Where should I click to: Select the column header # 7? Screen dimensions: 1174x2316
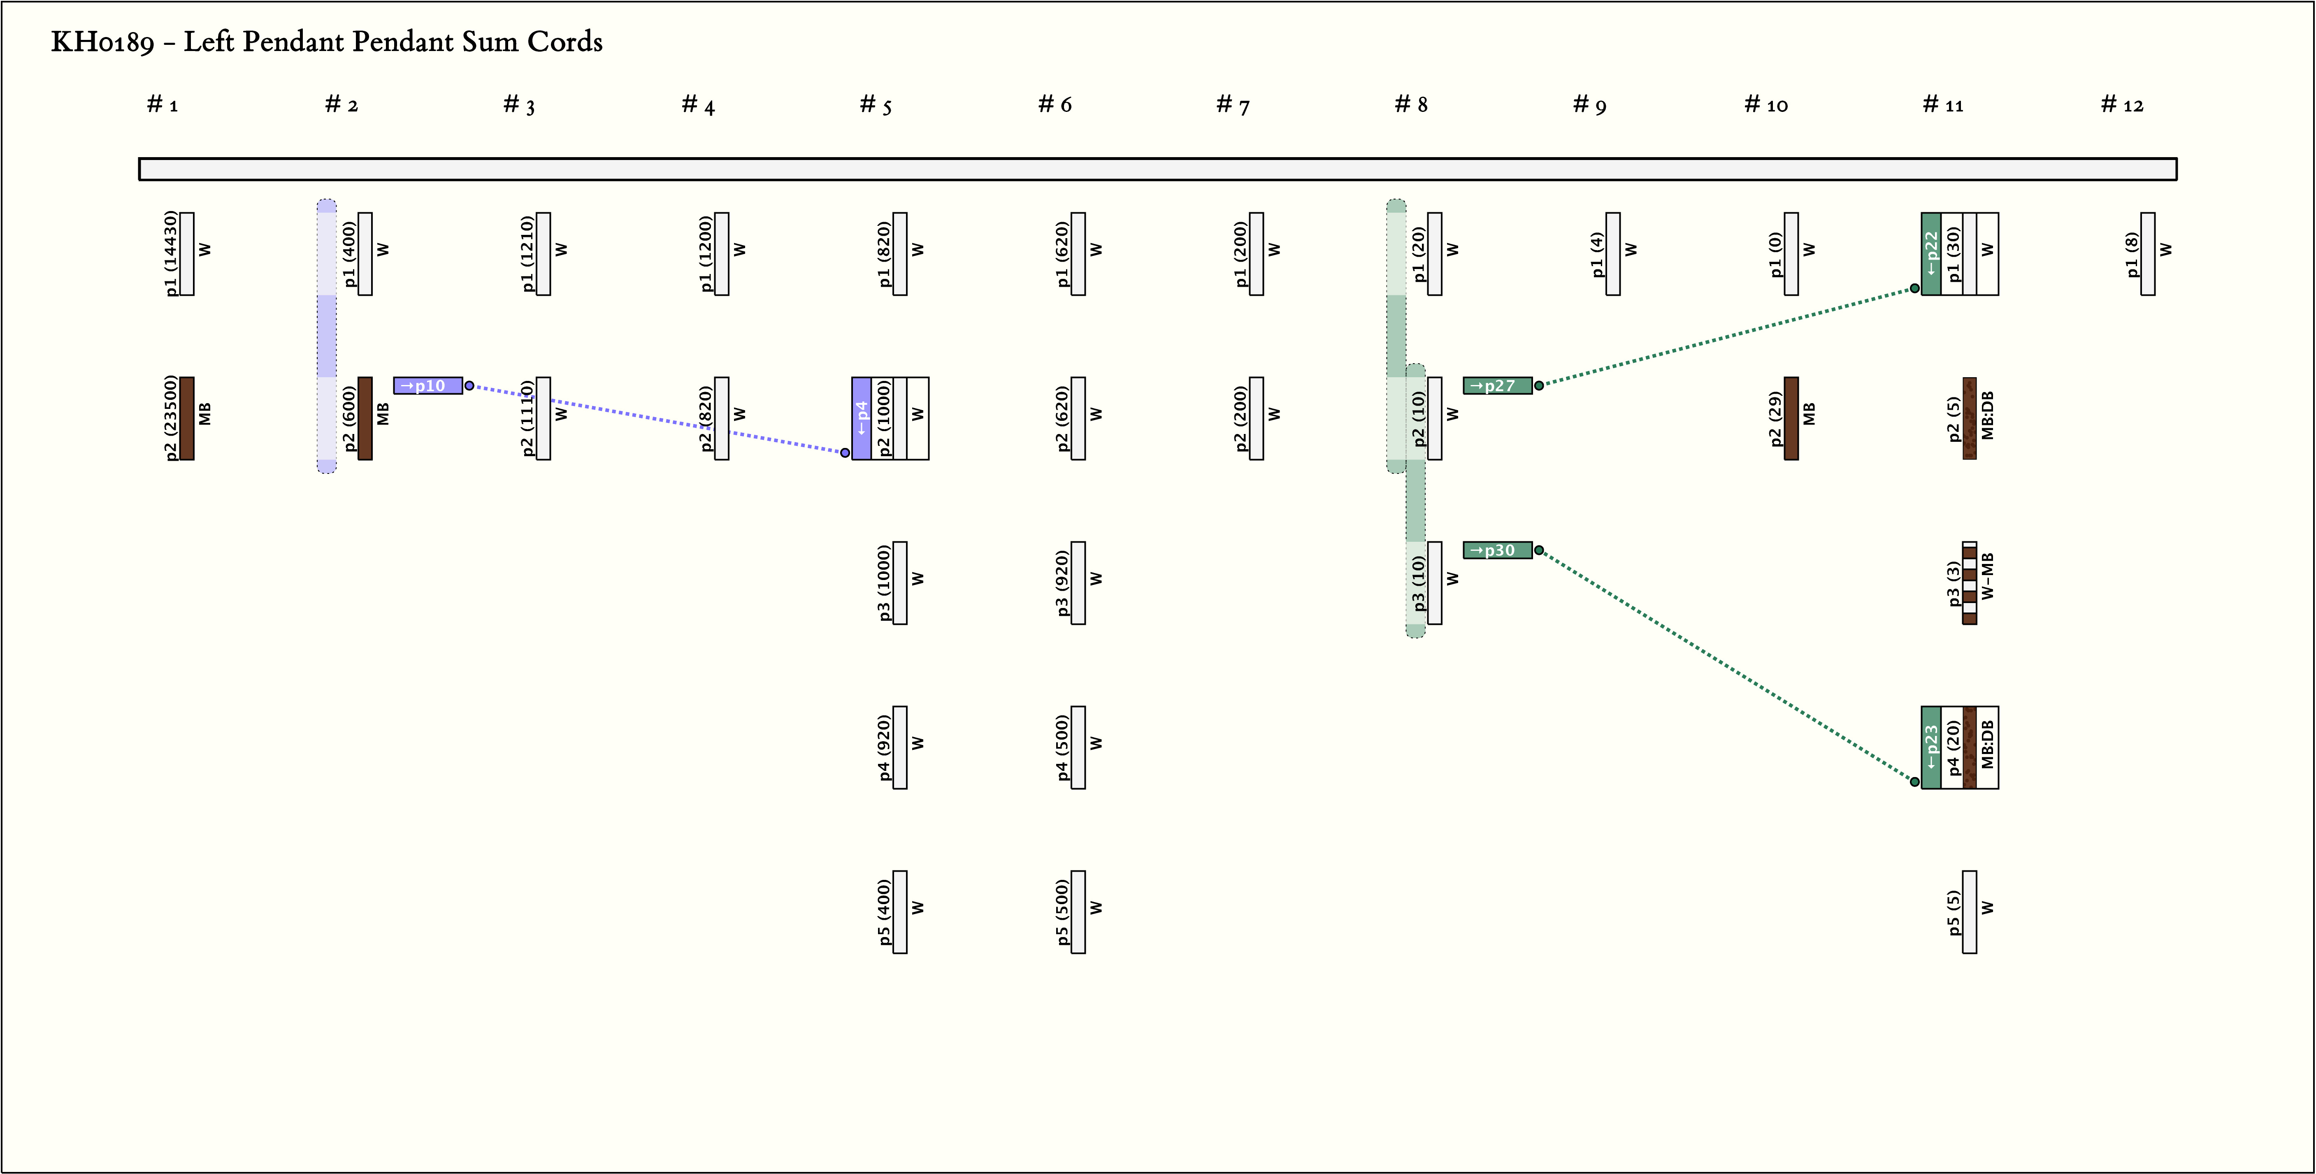[1233, 105]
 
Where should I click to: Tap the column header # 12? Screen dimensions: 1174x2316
[2122, 105]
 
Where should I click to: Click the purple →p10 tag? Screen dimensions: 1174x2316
[428, 385]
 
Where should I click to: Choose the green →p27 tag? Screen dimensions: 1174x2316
[1497, 385]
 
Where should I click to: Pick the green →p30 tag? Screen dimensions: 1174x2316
[1497, 550]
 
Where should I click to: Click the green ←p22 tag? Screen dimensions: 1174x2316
[1930, 253]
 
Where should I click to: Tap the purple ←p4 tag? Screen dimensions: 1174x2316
[861, 418]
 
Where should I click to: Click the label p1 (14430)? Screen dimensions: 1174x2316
[171, 253]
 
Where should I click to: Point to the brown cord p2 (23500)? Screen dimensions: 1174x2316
[187, 418]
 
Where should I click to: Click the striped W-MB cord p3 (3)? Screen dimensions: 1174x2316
[1969, 582]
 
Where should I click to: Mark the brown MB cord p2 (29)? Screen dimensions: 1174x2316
[1791, 418]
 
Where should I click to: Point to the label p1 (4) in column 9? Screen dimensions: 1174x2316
[1597, 253]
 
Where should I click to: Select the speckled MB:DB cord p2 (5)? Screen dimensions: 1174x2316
[1969, 418]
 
